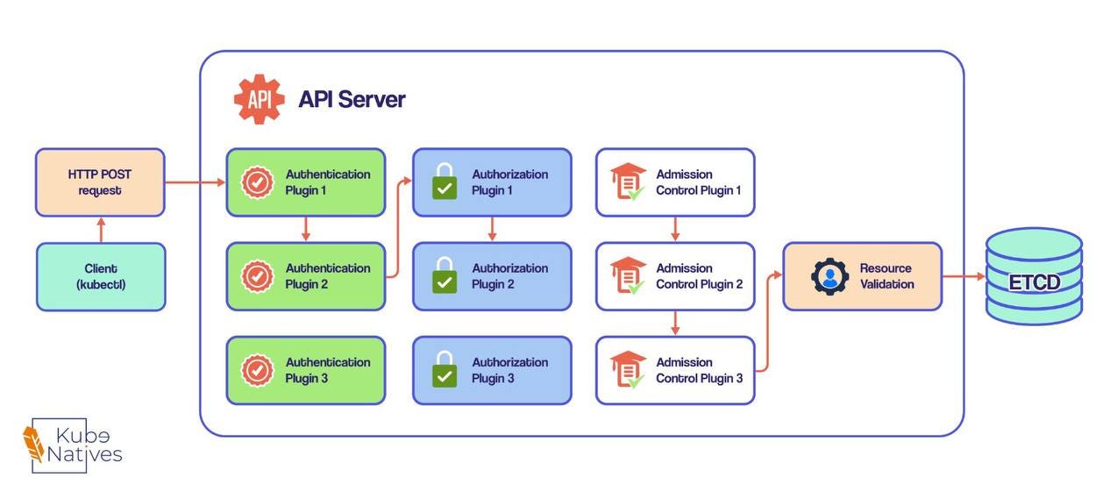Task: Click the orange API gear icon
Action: [x=259, y=99]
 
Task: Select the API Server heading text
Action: [x=352, y=99]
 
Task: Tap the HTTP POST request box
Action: [x=100, y=182]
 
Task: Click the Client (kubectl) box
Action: [x=101, y=276]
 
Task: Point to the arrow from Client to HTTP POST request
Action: [x=101, y=230]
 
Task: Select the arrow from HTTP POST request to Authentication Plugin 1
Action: [x=196, y=182]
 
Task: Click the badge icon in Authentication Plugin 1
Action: [x=258, y=182]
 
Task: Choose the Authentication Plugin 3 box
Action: [x=306, y=370]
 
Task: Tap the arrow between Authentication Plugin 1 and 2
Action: [x=306, y=229]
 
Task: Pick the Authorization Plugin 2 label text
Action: [x=509, y=276]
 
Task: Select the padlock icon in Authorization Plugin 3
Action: [x=445, y=369]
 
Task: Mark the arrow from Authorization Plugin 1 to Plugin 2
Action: [x=492, y=229]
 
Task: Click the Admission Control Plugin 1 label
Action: [x=699, y=182]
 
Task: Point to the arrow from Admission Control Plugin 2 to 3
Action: [x=675, y=323]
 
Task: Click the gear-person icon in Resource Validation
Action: [x=829, y=276]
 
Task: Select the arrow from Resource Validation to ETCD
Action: [x=964, y=276]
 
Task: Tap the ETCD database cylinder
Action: [x=1034, y=276]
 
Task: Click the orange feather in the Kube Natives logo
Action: [x=33, y=443]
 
